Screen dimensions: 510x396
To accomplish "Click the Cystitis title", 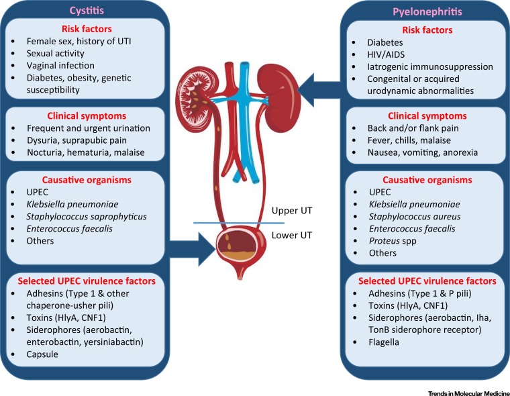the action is [x=87, y=11].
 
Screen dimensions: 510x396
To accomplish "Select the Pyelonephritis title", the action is [x=427, y=11].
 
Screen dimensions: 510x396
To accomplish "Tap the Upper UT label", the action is [x=292, y=211].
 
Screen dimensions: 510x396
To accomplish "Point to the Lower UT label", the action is [x=292, y=235].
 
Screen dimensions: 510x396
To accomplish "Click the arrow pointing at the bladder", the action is [x=192, y=249].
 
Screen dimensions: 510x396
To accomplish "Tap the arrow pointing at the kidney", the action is [x=319, y=90].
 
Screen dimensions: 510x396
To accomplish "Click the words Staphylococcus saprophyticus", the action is [x=87, y=216].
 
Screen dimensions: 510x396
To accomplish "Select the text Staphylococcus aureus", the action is [x=415, y=216].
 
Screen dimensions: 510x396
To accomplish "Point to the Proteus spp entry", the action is [x=393, y=241].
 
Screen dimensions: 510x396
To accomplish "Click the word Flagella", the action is [x=384, y=342].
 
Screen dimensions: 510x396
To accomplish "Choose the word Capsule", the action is [x=42, y=354].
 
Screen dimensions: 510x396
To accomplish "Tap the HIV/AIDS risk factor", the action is [x=386, y=54].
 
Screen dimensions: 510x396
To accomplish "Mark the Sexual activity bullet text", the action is [x=55, y=53].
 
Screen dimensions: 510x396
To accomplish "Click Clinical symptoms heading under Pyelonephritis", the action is [x=427, y=116].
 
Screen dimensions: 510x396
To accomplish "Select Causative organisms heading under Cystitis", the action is [x=87, y=180].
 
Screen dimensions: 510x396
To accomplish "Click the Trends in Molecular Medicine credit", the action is [x=468, y=393].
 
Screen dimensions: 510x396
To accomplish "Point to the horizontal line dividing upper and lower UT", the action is [x=239, y=224].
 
